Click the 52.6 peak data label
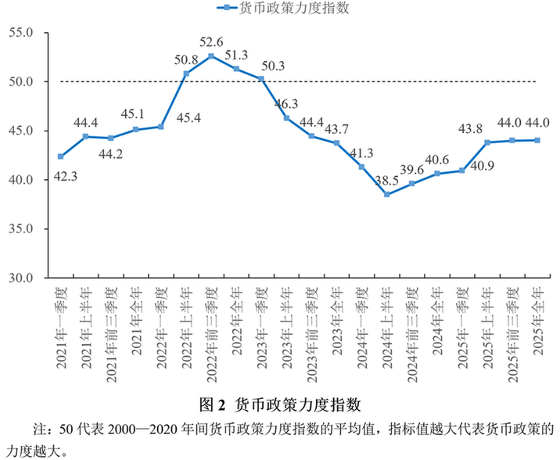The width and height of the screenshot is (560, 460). pos(211,42)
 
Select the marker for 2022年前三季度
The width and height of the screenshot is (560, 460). pos(211,56)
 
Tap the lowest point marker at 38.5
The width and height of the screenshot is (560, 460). pos(386,194)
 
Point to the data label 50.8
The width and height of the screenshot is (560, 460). pos(186,59)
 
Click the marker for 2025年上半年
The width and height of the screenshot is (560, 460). pos(486,142)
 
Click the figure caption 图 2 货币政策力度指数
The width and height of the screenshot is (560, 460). pos(279,404)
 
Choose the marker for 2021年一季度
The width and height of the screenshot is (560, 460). pos(61,156)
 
